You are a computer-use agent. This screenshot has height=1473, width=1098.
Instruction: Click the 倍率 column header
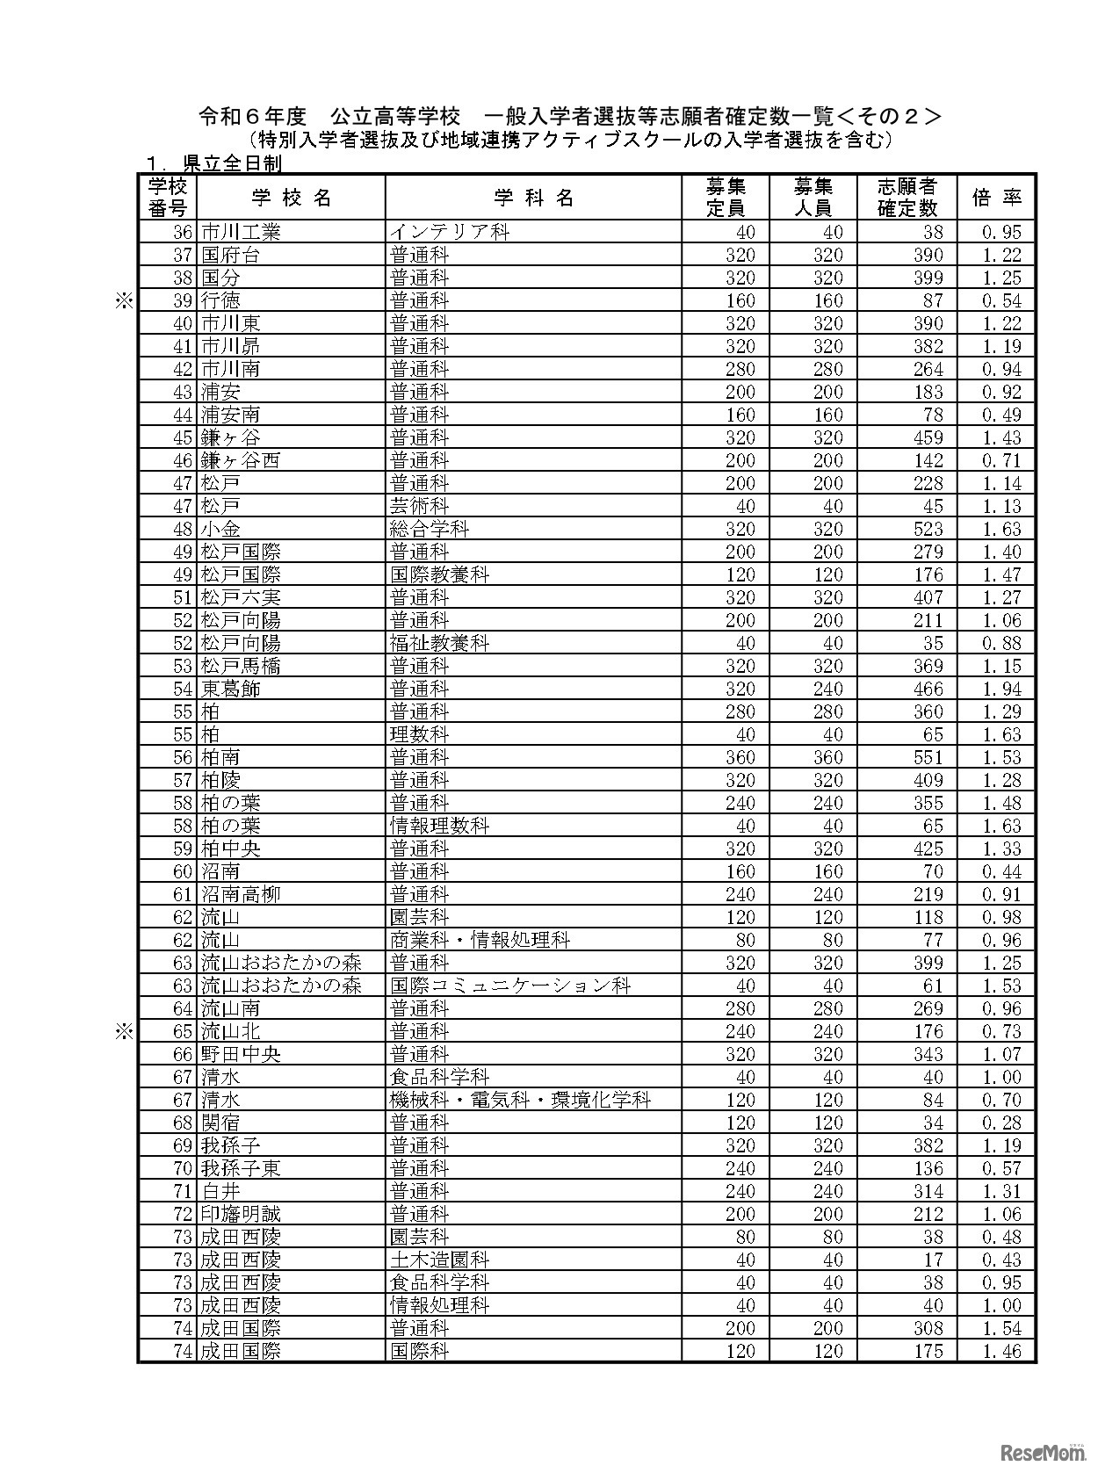[997, 198]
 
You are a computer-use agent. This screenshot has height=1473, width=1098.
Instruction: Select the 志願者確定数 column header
[907, 198]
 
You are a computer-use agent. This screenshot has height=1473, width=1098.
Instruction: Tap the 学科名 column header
[533, 198]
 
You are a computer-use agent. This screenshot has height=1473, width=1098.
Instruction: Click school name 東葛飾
[231, 689]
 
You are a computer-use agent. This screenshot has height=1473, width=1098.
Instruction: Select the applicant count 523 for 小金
[928, 529]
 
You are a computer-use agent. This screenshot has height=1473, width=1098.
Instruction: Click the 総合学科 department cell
[430, 529]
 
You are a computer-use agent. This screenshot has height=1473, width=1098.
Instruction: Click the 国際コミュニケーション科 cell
[510, 986]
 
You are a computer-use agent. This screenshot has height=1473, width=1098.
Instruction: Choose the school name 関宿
[220, 1123]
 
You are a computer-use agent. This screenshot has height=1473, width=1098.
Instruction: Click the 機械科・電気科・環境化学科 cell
[521, 1100]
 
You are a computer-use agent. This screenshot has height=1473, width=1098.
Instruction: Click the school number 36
[183, 232]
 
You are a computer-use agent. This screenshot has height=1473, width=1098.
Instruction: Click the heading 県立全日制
[231, 164]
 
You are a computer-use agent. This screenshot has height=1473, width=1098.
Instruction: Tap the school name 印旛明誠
[241, 1214]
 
